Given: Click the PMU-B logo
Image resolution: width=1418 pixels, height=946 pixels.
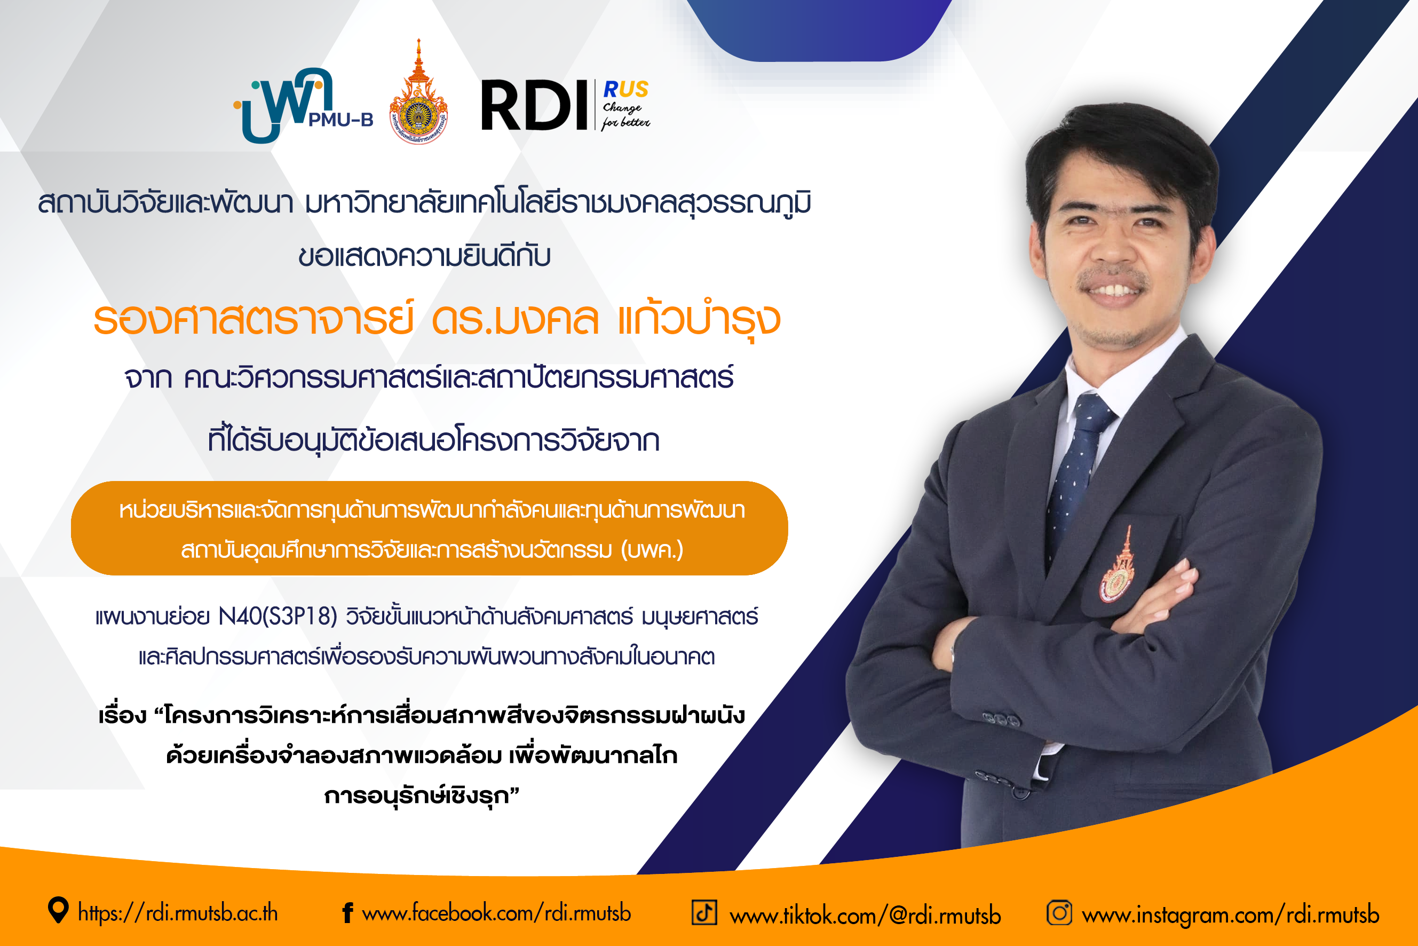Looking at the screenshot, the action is click(303, 106).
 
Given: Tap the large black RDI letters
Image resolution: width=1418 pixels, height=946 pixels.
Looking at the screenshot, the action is click(534, 106).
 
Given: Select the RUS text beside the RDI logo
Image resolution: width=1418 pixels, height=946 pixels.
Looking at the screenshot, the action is click(626, 90).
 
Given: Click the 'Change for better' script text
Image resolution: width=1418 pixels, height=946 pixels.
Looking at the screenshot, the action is click(625, 115).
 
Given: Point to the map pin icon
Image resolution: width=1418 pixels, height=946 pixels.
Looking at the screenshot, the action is click(58, 910).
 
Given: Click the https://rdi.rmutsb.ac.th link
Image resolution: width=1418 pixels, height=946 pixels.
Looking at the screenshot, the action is click(178, 913).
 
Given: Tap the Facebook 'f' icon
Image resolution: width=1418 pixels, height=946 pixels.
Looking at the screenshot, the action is click(347, 913).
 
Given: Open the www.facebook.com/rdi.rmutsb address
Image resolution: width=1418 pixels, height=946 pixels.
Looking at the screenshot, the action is click(496, 913).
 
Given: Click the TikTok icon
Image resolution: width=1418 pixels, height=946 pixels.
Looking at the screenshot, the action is click(704, 912).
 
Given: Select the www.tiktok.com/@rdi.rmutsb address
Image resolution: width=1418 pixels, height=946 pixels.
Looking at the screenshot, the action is click(866, 915).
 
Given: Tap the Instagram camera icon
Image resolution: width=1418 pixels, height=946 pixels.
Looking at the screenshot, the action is click(1059, 912).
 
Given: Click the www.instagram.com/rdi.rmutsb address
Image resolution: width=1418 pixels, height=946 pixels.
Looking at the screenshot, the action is click(1231, 915).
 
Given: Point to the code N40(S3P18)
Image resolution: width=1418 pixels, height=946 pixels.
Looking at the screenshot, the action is click(278, 616).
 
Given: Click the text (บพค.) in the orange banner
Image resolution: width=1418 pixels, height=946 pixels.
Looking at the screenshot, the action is click(652, 550).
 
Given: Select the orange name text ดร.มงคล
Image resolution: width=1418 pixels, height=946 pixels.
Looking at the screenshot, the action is click(515, 320).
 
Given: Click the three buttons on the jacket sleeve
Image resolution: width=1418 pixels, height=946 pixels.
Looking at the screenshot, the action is click(1001, 719).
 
